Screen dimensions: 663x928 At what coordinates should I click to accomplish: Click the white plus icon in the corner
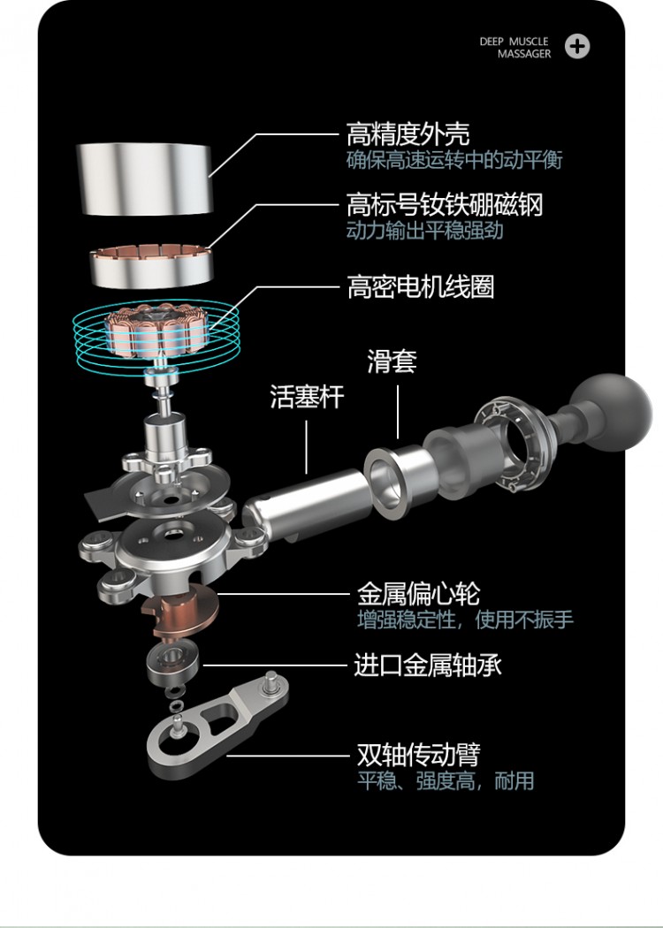pyautogui.click(x=576, y=47)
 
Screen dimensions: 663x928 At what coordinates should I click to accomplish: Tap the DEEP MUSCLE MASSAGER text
pyautogui.click(x=515, y=48)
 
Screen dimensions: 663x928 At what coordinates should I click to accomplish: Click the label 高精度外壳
pyautogui.click(x=408, y=135)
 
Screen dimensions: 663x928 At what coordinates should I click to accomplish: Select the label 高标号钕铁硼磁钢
pyautogui.click(x=445, y=204)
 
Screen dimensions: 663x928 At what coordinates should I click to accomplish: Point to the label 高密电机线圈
pyautogui.click(x=420, y=287)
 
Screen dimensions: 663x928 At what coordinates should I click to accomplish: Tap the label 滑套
pyautogui.click(x=392, y=361)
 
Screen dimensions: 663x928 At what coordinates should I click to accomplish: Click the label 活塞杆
pyautogui.click(x=307, y=396)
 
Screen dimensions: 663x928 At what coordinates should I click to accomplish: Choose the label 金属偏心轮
pyautogui.click(x=418, y=593)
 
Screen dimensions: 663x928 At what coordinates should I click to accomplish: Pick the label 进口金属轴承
pyautogui.click(x=427, y=666)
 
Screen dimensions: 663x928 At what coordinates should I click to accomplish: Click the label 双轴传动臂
pyautogui.click(x=418, y=755)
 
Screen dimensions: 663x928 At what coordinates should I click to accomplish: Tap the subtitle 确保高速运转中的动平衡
pyautogui.click(x=454, y=160)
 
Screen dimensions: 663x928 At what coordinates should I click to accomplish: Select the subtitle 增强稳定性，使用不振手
pyautogui.click(x=465, y=619)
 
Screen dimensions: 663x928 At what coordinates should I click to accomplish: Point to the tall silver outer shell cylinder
pyautogui.click(x=144, y=179)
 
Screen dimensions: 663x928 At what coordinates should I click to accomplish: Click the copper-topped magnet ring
pyautogui.click(x=151, y=266)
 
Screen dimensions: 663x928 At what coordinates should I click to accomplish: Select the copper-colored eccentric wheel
pyautogui.click(x=182, y=612)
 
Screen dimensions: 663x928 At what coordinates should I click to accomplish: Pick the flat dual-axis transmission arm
pyautogui.click(x=217, y=722)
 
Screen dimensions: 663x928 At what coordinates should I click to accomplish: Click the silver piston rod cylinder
pyautogui.click(x=308, y=503)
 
